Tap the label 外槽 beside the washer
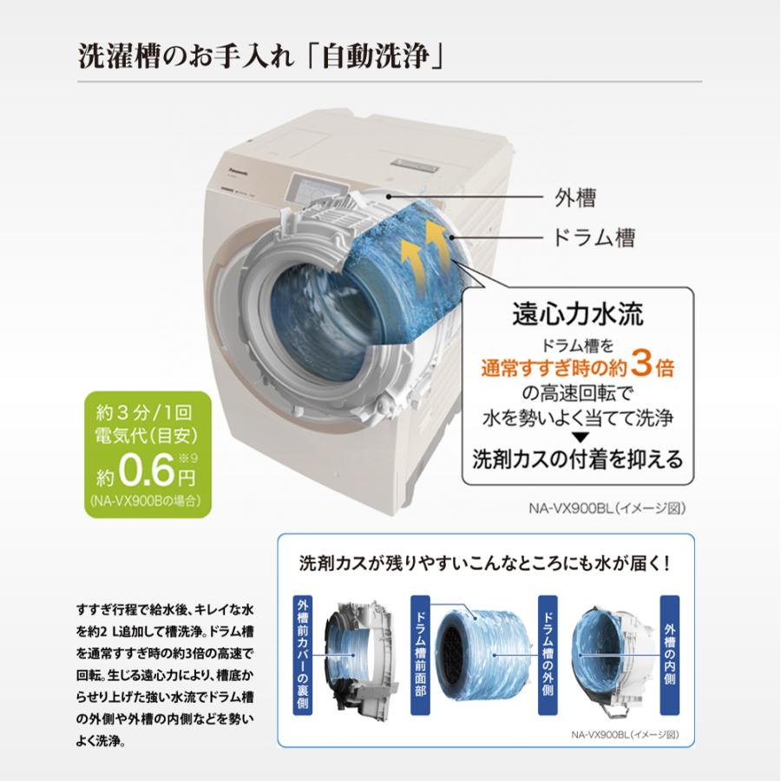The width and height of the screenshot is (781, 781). pos(574,198)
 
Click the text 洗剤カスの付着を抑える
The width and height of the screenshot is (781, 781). pos(577,457)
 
